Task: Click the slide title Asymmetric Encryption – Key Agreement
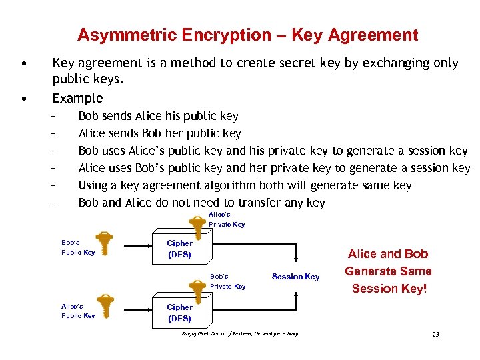(x=247, y=35)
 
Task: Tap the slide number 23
(x=435, y=334)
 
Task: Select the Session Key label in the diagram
(x=295, y=277)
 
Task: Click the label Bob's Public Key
(x=77, y=247)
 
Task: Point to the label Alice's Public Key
(x=77, y=311)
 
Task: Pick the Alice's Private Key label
(x=227, y=219)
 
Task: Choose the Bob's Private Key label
(x=227, y=281)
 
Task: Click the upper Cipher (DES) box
(x=179, y=249)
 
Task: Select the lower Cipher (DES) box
(x=179, y=313)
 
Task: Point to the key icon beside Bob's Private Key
(x=197, y=288)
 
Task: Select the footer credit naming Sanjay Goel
(x=240, y=333)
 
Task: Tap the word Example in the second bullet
(x=77, y=98)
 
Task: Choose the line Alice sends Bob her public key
(x=159, y=133)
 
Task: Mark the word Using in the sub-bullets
(x=93, y=185)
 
